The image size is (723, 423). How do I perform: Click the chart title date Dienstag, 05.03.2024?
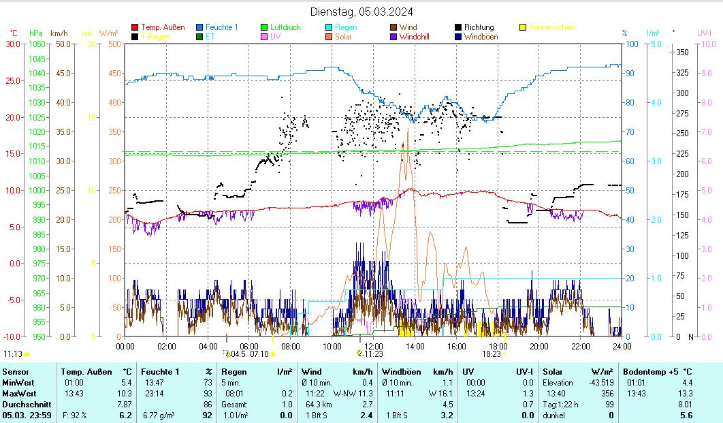point(361,12)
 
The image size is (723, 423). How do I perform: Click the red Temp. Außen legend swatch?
point(135,27)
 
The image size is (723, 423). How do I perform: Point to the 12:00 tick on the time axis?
point(373,346)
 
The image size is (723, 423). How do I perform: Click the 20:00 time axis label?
point(539,346)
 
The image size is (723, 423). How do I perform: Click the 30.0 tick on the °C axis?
point(12,44)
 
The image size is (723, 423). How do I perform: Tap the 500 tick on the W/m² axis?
point(114,44)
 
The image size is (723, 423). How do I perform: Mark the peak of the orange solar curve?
point(407,128)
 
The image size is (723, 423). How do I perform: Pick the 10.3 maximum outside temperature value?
point(124,394)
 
